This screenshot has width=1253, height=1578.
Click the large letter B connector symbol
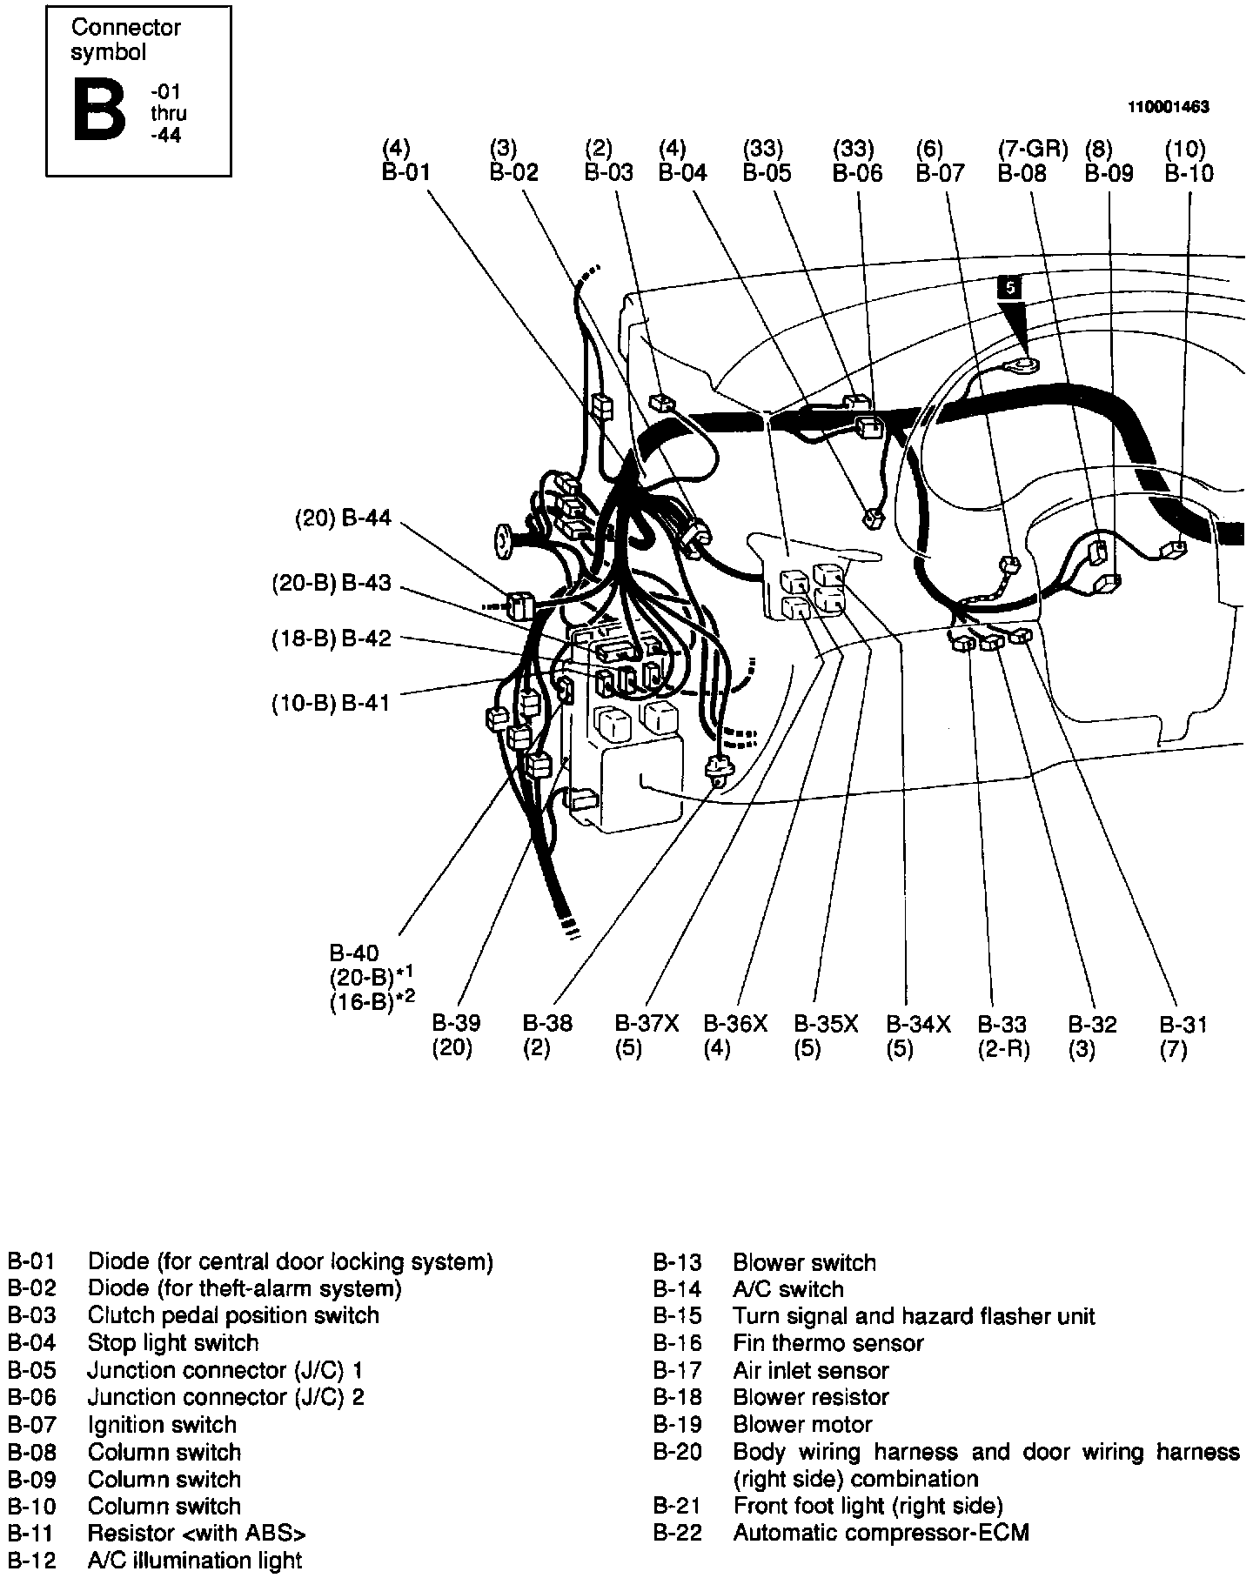pos(100,110)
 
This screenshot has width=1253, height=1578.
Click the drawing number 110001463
pos(1169,107)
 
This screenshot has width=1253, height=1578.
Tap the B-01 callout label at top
pos(406,172)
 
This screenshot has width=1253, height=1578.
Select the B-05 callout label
pos(767,173)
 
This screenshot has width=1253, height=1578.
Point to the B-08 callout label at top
pos(1022,173)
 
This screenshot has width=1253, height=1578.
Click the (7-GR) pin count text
pos(1032,149)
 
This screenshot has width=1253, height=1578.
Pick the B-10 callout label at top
pos(1189,173)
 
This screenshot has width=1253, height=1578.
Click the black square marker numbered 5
pos(1008,287)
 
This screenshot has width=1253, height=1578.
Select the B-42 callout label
pos(366,639)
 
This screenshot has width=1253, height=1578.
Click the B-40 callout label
pos(354,953)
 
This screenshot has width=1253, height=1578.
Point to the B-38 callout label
pos(547,1024)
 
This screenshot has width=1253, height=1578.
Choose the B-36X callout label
pos(735,1024)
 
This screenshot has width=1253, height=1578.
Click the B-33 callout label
pos(1002,1024)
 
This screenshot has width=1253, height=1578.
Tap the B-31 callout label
pos(1183,1024)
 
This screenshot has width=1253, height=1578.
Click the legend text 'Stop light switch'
pos(173,1343)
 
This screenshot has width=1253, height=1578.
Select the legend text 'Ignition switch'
pos(162,1425)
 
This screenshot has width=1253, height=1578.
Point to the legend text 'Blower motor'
pos(802,1425)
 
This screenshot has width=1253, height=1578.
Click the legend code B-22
pos(677,1532)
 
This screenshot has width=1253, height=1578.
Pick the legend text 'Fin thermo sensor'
pos(828,1343)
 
